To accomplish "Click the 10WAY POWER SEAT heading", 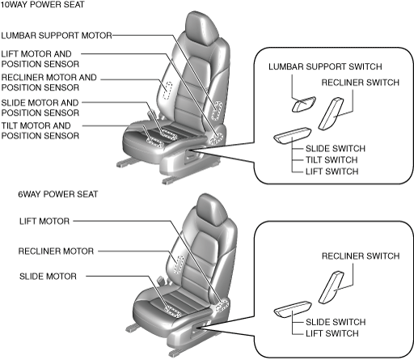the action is [43, 5].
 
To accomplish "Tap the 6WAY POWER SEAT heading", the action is [58, 194].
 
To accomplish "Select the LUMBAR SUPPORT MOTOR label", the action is [57, 36].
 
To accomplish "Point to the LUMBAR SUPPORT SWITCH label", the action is [325, 66].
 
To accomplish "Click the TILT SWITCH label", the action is [332, 160].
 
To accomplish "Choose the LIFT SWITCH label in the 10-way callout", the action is [332, 172].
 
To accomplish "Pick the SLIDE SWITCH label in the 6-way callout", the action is [336, 322].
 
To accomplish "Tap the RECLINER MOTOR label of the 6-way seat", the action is [56, 252].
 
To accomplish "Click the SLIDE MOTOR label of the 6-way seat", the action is [48, 277].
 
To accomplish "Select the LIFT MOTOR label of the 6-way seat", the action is [44, 222].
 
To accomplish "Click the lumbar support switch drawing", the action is [304, 104].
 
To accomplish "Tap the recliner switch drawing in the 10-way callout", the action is [331, 113].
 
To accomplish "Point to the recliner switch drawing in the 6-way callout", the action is [332, 287].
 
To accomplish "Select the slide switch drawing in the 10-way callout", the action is [293, 135].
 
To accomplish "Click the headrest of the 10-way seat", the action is [201, 28].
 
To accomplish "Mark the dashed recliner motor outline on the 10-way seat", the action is [167, 91].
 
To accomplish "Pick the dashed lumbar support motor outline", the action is [217, 111].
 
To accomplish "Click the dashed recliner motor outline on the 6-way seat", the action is [179, 265].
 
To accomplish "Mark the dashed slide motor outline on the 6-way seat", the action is [172, 311].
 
